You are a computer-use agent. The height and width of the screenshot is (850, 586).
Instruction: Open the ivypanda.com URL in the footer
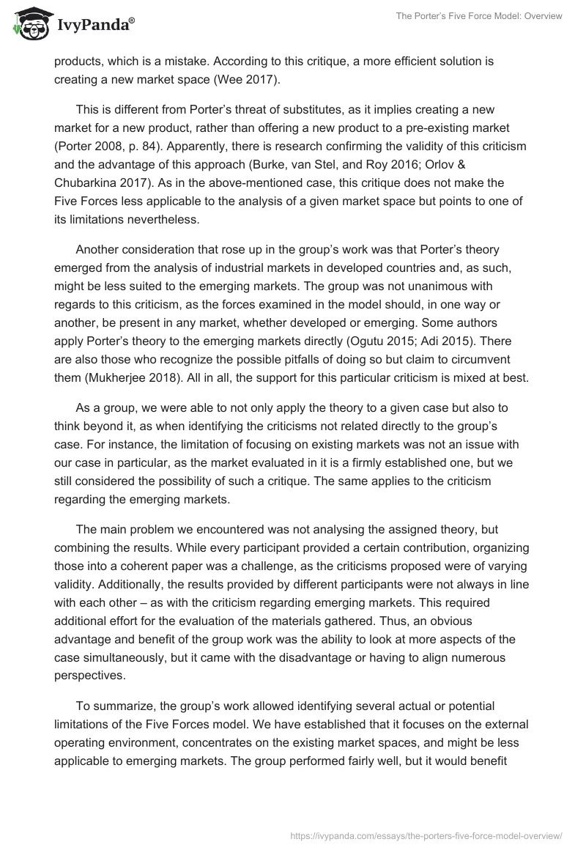click(426, 835)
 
